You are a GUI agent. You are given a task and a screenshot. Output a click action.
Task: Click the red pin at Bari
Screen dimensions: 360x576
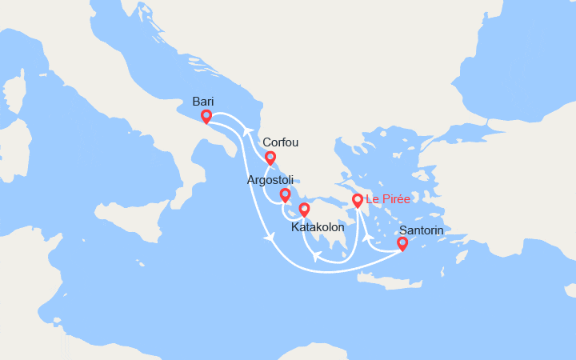click(x=206, y=117)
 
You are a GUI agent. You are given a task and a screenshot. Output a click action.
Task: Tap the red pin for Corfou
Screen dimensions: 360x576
click(x=270, y=158)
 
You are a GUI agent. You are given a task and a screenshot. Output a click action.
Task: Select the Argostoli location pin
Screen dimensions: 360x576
click(x=285, y=194)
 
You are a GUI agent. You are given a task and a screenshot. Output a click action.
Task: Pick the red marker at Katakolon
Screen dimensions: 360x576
click(x=304, y=210)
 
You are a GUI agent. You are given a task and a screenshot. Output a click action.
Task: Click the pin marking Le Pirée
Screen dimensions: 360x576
click(x=358, y=200)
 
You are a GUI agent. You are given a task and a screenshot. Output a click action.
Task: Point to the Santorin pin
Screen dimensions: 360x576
click(x=402, y=244)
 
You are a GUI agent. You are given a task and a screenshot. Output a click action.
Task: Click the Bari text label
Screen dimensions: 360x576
click(x=203, y=102)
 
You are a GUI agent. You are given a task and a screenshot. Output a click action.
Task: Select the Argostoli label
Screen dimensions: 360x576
click(x=269, y=180)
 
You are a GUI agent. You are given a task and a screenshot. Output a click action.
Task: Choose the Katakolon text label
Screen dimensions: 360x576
click(x=318, y=227)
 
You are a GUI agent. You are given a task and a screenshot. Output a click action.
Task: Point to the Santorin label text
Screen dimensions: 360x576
click(x=421, y=230)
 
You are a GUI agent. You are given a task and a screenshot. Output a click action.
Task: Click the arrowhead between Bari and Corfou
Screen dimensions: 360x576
click(x=249, y=130)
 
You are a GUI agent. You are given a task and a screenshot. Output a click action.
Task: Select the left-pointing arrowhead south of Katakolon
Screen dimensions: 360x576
click(x=317, y=257)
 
